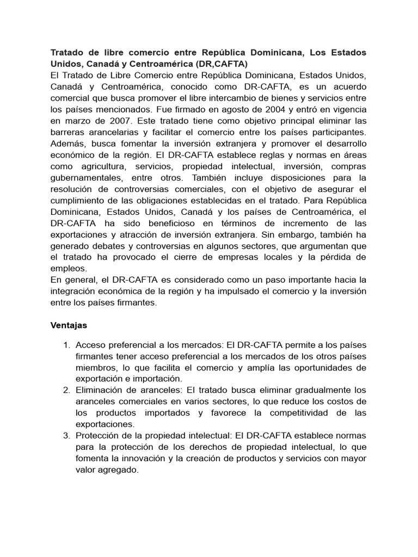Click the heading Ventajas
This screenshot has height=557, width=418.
[x=69, y=325]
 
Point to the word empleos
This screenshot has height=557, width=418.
[x=68, y=269]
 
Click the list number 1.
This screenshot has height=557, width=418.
[x=66, y=345]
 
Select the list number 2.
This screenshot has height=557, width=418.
[x=66, y=390]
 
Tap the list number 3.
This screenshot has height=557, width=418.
[x=66, y=436]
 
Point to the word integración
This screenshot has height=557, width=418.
[x=76, y=292]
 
